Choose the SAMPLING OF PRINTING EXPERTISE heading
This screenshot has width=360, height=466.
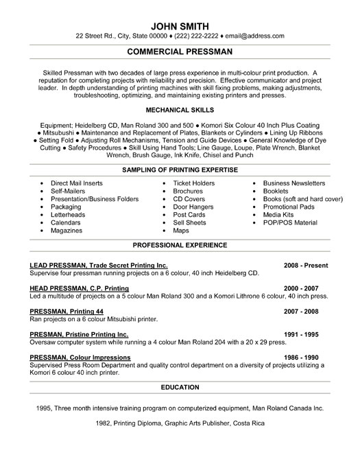point(180,170)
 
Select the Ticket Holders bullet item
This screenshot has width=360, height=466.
point(194,183)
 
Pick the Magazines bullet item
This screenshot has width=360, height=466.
point(69,231)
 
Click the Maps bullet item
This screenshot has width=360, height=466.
point(182,231)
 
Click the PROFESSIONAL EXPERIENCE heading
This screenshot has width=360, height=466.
point(180,245)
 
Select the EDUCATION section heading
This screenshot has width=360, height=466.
point(180,388)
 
